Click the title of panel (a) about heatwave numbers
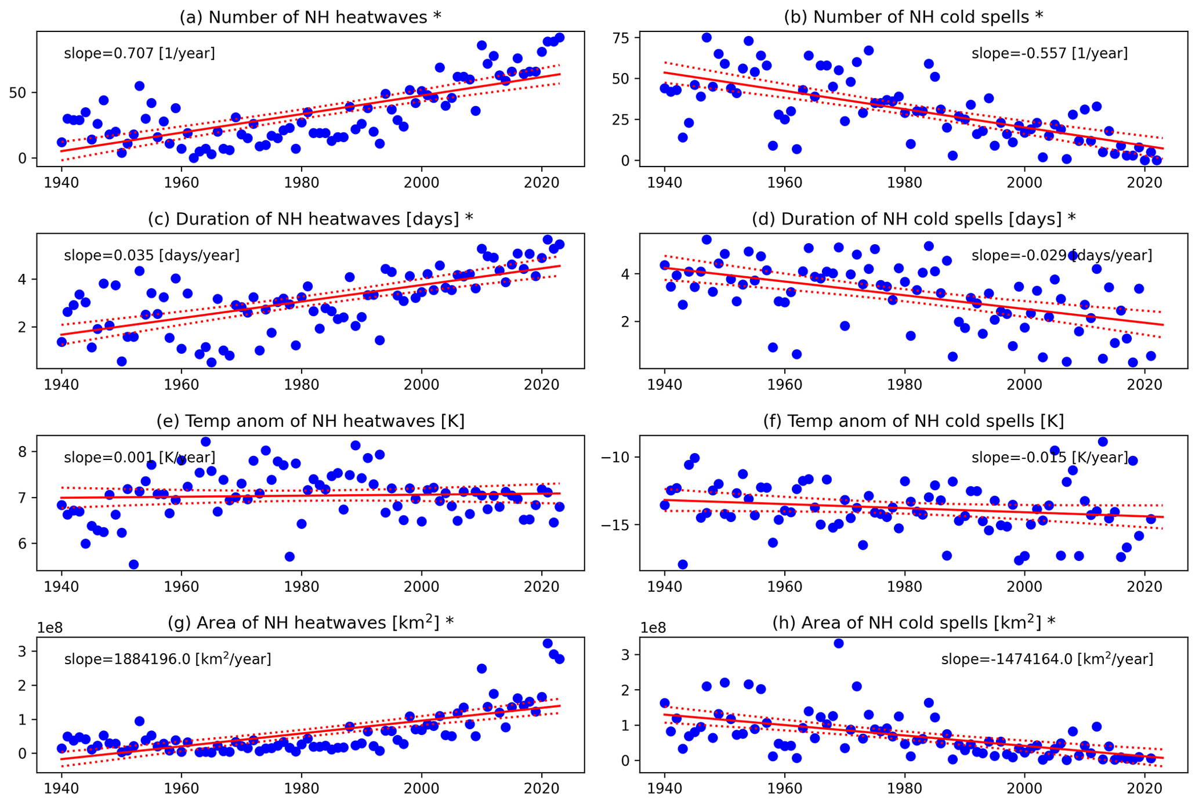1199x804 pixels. point(310,17)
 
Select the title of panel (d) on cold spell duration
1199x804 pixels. point(914,219)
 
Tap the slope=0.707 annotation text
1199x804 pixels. point(139,53)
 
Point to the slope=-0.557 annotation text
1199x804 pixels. point(1049,53)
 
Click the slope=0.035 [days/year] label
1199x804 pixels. point(151,255)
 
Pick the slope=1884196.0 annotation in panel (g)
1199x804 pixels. point(167,659)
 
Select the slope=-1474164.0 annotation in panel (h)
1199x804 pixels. point(1047,659)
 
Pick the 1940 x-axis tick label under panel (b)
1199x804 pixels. point(664,181)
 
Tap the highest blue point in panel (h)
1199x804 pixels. point(838,643)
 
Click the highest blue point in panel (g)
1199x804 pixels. point(548,643)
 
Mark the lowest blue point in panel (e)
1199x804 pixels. point(133,564)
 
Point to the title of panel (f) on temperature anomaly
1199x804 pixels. point(914,421)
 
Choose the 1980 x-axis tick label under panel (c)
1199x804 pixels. point(301,383)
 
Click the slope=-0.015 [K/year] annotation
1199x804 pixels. point(1049,457)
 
